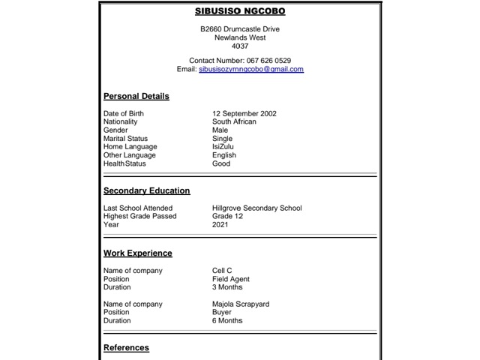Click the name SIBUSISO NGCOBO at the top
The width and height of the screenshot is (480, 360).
239,11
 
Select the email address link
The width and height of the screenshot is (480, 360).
250,69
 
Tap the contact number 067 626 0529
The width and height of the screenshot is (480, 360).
268,60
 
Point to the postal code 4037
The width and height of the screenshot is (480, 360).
240,46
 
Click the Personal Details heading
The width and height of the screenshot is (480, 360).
136,96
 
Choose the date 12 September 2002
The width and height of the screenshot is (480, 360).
244,113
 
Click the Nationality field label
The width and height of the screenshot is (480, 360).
120,121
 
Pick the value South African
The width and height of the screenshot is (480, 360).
234,121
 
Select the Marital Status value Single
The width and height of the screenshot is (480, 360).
223,139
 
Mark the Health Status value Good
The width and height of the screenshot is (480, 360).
221,163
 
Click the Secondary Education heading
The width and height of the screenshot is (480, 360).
147,190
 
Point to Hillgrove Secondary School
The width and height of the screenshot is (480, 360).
256,208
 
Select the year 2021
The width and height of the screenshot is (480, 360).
220,224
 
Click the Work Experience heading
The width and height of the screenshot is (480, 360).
138,253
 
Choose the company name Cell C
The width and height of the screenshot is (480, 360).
222,271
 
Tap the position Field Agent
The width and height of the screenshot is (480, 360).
231,279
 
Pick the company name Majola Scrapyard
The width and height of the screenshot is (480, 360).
241,304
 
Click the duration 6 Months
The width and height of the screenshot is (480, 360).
227,321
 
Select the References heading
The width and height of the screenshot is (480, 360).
126,348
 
